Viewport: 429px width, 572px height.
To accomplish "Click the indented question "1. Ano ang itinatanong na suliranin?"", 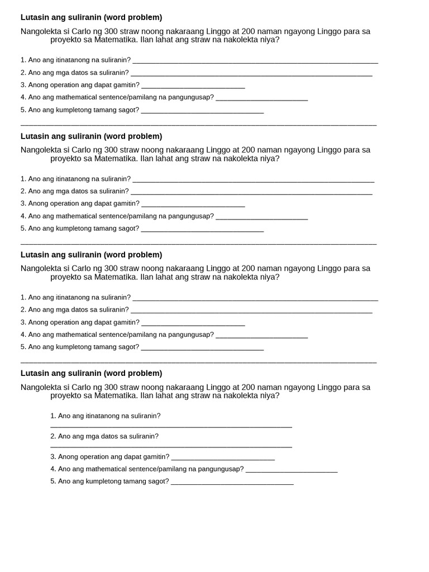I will coord(105,416).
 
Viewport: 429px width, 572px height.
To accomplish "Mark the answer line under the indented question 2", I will coord(171,446).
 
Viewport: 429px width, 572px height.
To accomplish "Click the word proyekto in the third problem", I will coord(66,277).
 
